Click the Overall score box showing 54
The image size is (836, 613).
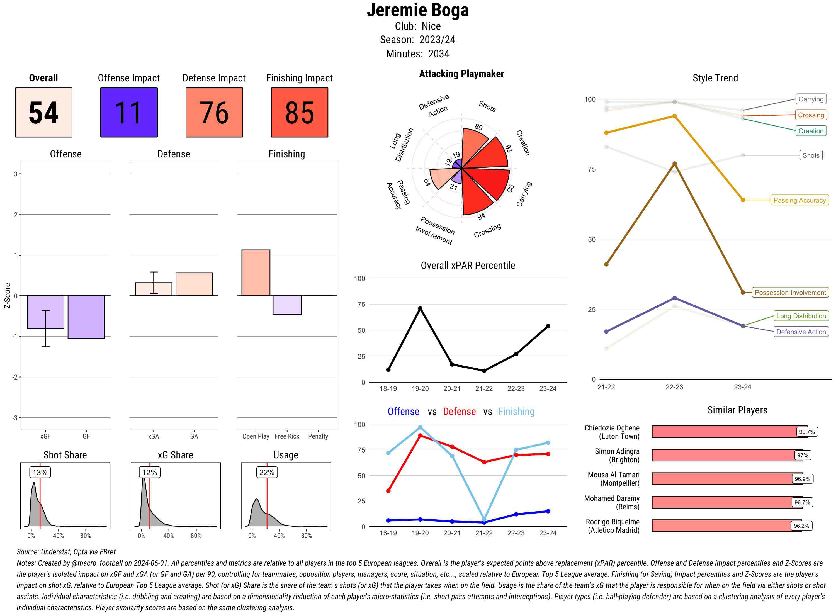[x=43, y=113]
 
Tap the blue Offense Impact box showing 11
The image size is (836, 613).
[x=129, y=113]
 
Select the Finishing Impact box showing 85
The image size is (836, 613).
[x=300, y=113]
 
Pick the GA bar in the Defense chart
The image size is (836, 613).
[x=194, y=284]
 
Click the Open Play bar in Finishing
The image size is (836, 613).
[x=256, y=273]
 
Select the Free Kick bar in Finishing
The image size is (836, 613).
[x=287, y=305]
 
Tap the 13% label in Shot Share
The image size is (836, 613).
[x=40, y=472]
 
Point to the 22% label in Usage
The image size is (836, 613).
[x=266, y=472]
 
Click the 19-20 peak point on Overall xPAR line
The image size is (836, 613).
[x=420, y=308]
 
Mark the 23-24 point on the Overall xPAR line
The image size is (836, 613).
[x=548, y=326]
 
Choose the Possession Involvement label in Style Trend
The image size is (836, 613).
[x=790, y=292]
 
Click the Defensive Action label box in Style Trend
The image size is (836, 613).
[x=801, y=332]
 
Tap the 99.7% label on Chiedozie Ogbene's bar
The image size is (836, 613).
[x=807, y=432]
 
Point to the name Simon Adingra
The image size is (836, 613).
[x=617, y=451]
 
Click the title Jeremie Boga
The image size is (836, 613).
[x=418, y=10]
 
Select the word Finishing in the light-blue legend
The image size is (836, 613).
[x=516, y=412]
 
